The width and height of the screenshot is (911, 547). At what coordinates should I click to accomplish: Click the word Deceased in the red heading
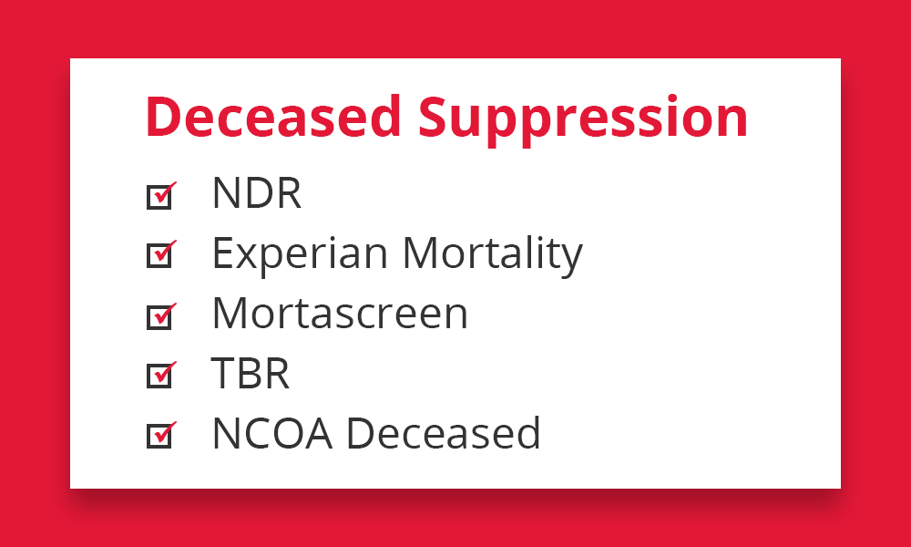tap(273, 117)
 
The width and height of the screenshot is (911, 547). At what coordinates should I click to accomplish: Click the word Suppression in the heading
tap(583, 119)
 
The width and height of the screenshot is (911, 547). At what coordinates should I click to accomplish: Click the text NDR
tap(257, 193)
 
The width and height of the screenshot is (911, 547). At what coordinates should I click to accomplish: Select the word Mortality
tap(493, 254)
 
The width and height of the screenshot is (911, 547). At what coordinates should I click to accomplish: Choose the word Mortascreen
tap(340, 314)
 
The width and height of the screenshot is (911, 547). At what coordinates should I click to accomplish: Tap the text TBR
tap(250, 373)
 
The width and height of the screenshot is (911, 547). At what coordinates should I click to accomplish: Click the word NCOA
tap(272, 433)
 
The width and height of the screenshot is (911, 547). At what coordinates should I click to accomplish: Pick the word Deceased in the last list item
tap(444, 433)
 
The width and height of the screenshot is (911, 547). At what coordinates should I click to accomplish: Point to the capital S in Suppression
tap(434, 117)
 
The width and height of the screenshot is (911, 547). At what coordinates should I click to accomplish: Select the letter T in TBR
tap(224, 373)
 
